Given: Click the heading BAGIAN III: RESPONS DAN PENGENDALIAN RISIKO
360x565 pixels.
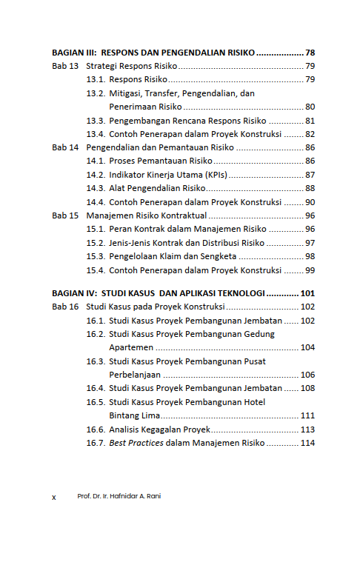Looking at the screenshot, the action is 153,53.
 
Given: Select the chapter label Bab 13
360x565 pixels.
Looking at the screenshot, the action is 64,67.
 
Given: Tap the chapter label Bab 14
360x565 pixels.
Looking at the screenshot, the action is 64,147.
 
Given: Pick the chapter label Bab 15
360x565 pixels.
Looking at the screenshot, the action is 64,215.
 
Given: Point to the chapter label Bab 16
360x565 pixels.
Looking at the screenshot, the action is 64,306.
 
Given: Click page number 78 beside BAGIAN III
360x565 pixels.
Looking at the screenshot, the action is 310,53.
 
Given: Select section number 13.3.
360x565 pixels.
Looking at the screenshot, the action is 96,121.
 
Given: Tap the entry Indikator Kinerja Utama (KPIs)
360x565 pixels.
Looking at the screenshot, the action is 167,175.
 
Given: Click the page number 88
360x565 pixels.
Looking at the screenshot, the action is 310,188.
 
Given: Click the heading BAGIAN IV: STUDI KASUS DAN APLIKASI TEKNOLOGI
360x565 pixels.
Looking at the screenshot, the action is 159,292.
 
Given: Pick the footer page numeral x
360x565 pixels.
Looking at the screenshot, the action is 54,497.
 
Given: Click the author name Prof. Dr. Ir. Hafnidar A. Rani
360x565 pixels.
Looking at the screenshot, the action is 119,496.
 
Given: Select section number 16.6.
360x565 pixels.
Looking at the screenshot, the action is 96,429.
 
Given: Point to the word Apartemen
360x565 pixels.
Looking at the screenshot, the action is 131,347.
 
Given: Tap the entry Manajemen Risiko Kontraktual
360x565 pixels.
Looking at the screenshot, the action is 146,215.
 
